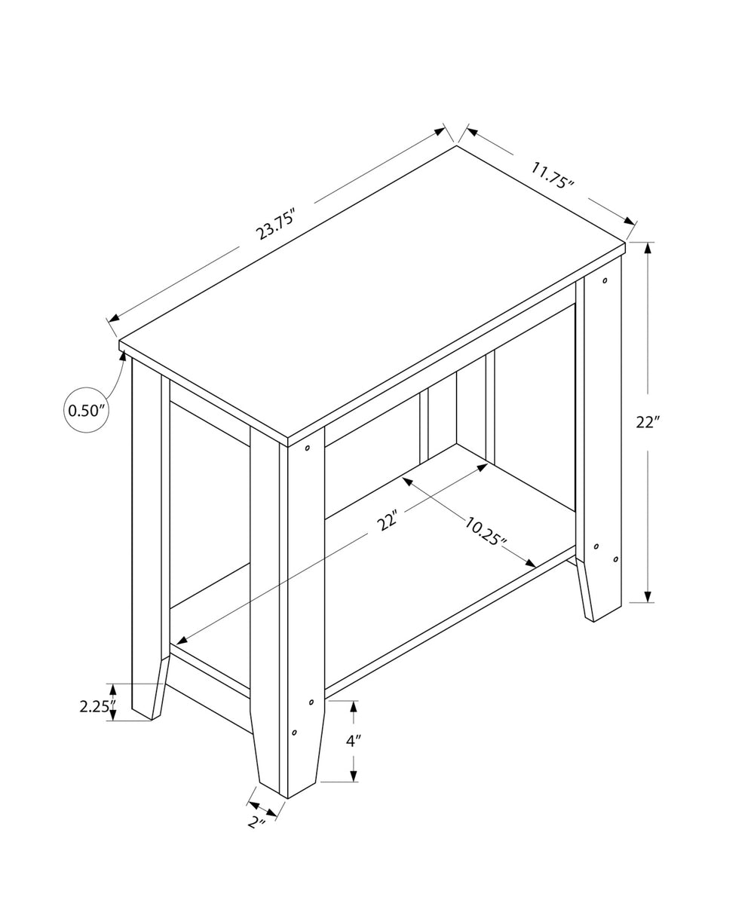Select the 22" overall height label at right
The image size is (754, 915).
(647, 422)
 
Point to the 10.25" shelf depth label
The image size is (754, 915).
(481, 532)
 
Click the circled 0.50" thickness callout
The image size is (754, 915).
(87, 410)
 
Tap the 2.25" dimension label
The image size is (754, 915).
(97, 706)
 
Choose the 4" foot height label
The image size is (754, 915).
(354, 741)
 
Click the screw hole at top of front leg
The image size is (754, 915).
(308, 448)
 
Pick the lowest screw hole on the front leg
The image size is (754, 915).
(294, 732)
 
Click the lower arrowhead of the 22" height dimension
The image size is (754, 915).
(648, 596)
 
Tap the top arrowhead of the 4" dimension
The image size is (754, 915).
(353, 706)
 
